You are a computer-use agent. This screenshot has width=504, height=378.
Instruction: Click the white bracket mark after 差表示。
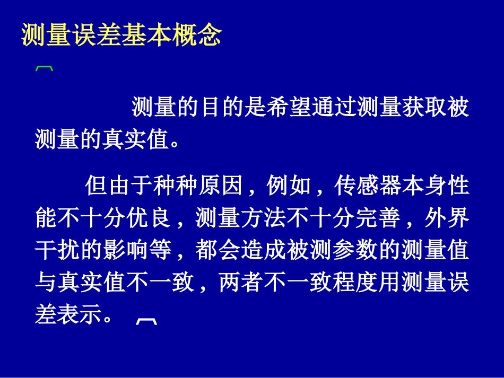coord(146,320)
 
